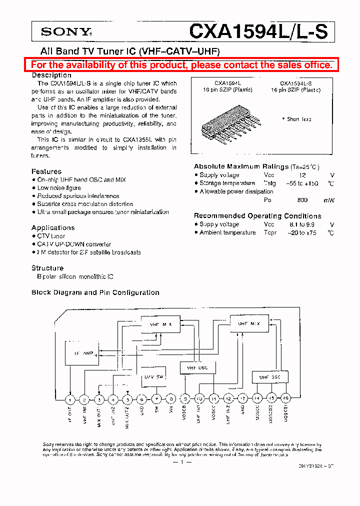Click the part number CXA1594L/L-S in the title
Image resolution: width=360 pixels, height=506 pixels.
point(258,32)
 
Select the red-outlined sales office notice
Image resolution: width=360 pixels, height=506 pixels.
point(181,65)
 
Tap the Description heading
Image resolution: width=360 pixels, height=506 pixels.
point(51,75)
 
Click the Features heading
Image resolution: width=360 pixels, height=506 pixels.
point(46,171)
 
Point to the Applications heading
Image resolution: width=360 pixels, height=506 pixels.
point(53,227)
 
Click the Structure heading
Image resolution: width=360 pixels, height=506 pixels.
point(47,268)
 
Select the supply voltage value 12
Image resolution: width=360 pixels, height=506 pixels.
point(302,175)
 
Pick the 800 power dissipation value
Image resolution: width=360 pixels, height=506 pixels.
point(302,200)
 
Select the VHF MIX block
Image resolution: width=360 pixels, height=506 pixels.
point(161,324)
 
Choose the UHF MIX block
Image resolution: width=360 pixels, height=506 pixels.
point(248,323)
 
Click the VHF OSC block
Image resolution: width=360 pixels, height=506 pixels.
point(197,368)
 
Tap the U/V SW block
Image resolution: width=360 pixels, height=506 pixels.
point(152,376)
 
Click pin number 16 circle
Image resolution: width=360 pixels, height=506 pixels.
point(286,398)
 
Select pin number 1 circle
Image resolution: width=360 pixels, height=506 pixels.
point(70,399)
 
